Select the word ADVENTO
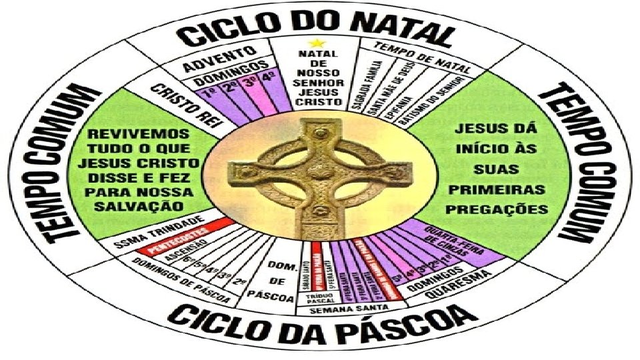[221, 58]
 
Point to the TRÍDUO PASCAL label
[320, 297]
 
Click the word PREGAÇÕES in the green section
[497, 209]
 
